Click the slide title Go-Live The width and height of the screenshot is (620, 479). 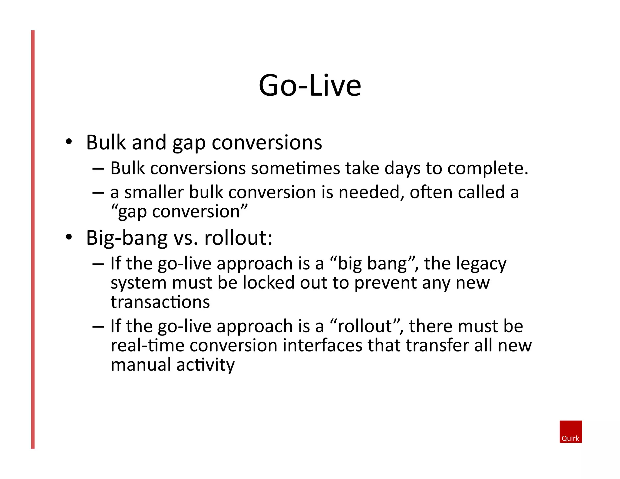[x=310, y=86]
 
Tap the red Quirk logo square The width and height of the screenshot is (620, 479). [x=570, y=431]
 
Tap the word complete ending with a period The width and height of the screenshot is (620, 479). [x=488, y=169]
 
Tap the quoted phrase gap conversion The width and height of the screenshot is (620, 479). [x=179, y=212]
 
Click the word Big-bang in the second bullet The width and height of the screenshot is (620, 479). [x=127, y=238]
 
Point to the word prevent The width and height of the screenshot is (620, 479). [x=385, y=283]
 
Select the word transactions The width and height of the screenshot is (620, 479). [x=160, y=302]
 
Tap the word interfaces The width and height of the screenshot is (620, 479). [x=322, y=345]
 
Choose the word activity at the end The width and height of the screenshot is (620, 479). [x=205, y=365]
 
